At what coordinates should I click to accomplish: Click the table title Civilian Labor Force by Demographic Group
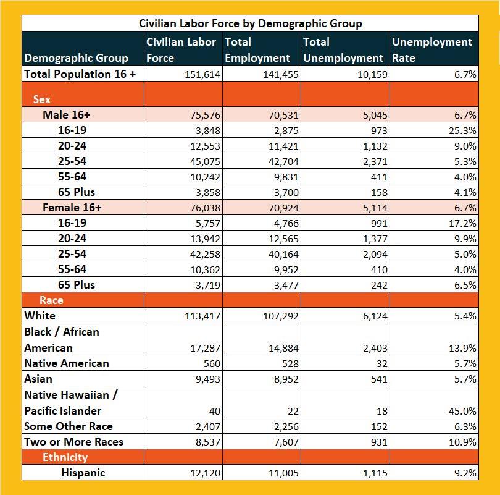(250, 23)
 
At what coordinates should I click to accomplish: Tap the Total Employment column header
(257, 50)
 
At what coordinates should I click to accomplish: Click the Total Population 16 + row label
(80, 74)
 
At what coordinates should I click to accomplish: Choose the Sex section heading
(42, 99)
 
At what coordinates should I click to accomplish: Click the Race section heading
(51, 300)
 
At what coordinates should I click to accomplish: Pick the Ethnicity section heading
(65, 457)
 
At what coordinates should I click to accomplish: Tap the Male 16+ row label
(67, 115)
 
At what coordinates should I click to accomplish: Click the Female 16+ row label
(72, 208)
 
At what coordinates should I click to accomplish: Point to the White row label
(40, 316)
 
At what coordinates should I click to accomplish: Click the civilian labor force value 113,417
(202, 316)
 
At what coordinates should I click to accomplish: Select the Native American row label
(67, 363)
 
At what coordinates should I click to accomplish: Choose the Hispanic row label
(83, 473)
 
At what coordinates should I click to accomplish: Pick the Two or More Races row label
(74, 442)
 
